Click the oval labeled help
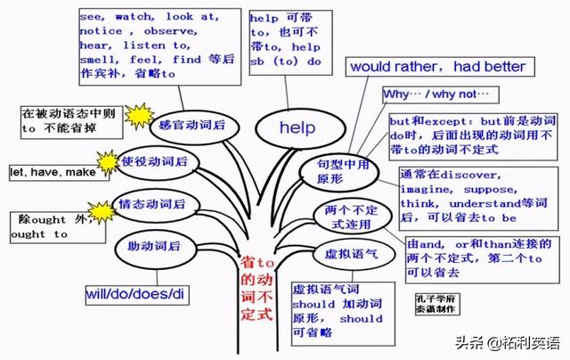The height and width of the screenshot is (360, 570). [297, 128]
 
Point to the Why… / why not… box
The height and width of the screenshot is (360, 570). [440, 94]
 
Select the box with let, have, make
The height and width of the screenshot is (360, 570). [52, 171]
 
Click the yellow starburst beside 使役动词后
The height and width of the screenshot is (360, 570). [109, 162]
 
